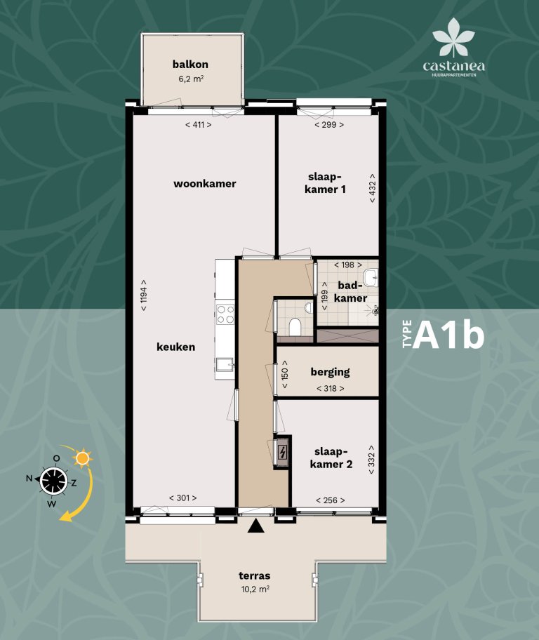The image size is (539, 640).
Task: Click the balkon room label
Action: point(190,65)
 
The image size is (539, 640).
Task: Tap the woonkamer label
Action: point(204,184)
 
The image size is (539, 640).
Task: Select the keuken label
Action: point(175,347)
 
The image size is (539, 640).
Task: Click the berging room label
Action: point(330,373)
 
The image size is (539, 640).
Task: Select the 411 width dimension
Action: point(199,125)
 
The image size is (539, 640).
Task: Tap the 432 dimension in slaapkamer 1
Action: point(372,189)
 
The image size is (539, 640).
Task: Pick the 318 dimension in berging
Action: point(330,388)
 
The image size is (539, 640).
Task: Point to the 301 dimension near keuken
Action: point(182,498)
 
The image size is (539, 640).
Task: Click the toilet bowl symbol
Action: point(295,326)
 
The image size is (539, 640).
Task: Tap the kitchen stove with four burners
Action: point(225,314)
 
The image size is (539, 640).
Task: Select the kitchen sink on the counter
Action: point(225,363)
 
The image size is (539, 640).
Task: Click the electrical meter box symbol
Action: point(282,453)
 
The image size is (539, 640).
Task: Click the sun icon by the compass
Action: point(84,459)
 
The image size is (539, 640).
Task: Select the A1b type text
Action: point(449,336)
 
